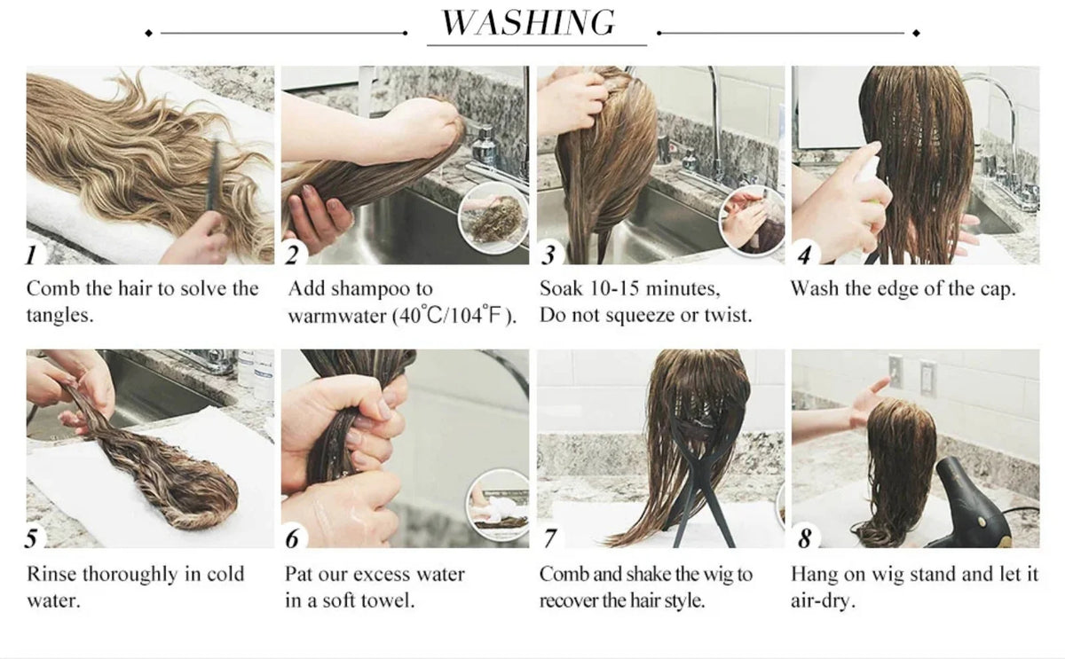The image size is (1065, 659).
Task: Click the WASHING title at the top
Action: (528, 22)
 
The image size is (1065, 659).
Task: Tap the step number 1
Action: (31, 255)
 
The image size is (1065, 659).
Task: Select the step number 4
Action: (804, 255)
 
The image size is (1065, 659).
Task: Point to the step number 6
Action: (292, 538)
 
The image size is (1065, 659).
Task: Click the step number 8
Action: (804, 538)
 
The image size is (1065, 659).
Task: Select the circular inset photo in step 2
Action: (493, 218)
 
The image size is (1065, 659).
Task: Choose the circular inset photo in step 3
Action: (753, 219)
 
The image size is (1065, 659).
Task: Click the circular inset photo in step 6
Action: (497, 505)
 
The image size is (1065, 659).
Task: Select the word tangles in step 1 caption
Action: (59, 315)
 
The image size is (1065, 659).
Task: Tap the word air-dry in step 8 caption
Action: (823, 601)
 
